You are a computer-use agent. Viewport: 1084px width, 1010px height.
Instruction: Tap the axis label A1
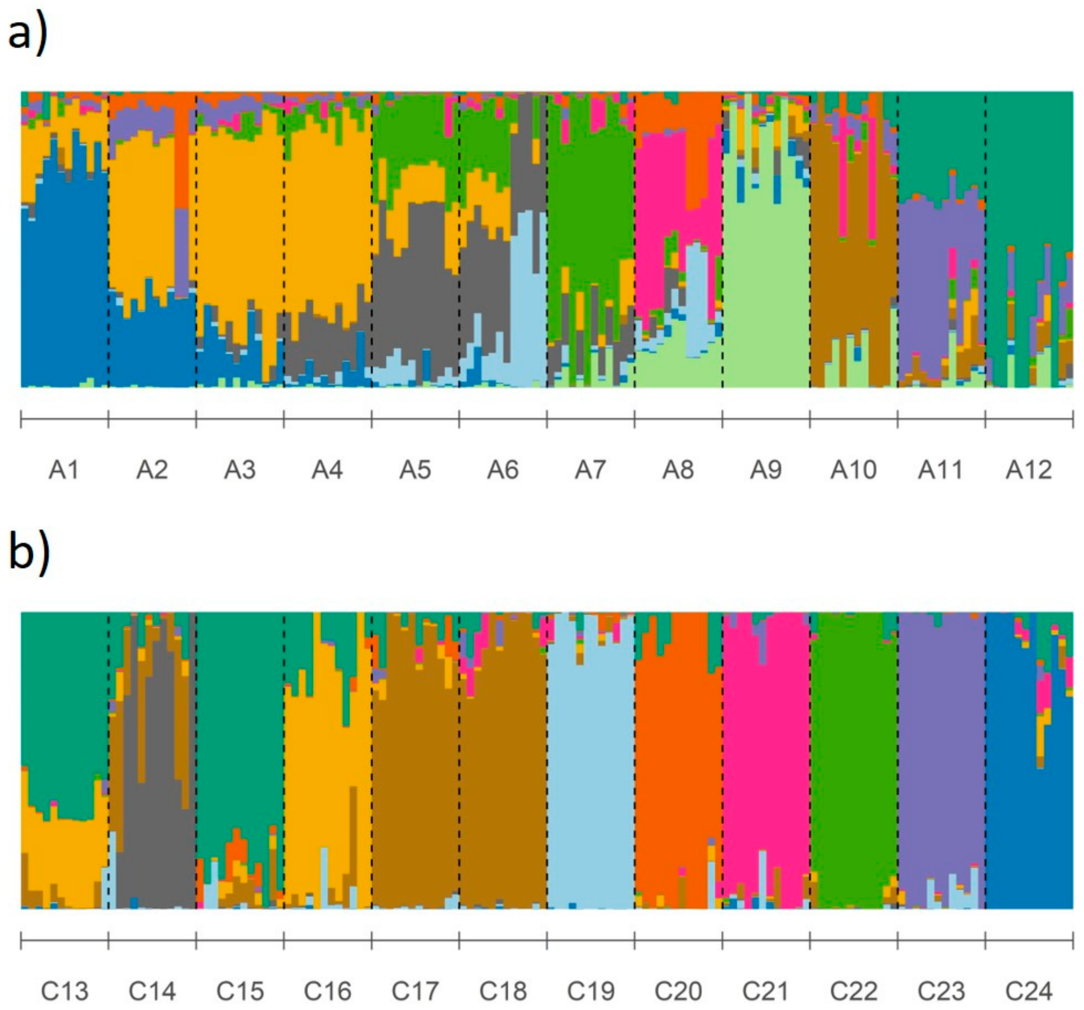(x=64, y=470)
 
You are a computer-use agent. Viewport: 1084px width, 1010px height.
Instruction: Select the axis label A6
(x=503, y=470)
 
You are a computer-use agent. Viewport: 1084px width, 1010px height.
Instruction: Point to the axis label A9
(x=765, y=470)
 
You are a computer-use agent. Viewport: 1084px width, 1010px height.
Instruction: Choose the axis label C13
(x=64, y=991)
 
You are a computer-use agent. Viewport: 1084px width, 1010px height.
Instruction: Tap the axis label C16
(x=327, y=991)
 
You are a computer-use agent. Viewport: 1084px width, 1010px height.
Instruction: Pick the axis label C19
(x=590, y=991)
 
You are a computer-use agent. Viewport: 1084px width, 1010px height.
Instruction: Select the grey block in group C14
(x=158, y=817)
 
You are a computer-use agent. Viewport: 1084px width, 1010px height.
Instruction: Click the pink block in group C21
(x=765, y=763)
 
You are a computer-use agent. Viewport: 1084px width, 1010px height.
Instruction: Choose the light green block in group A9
(x=765, y=300)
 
